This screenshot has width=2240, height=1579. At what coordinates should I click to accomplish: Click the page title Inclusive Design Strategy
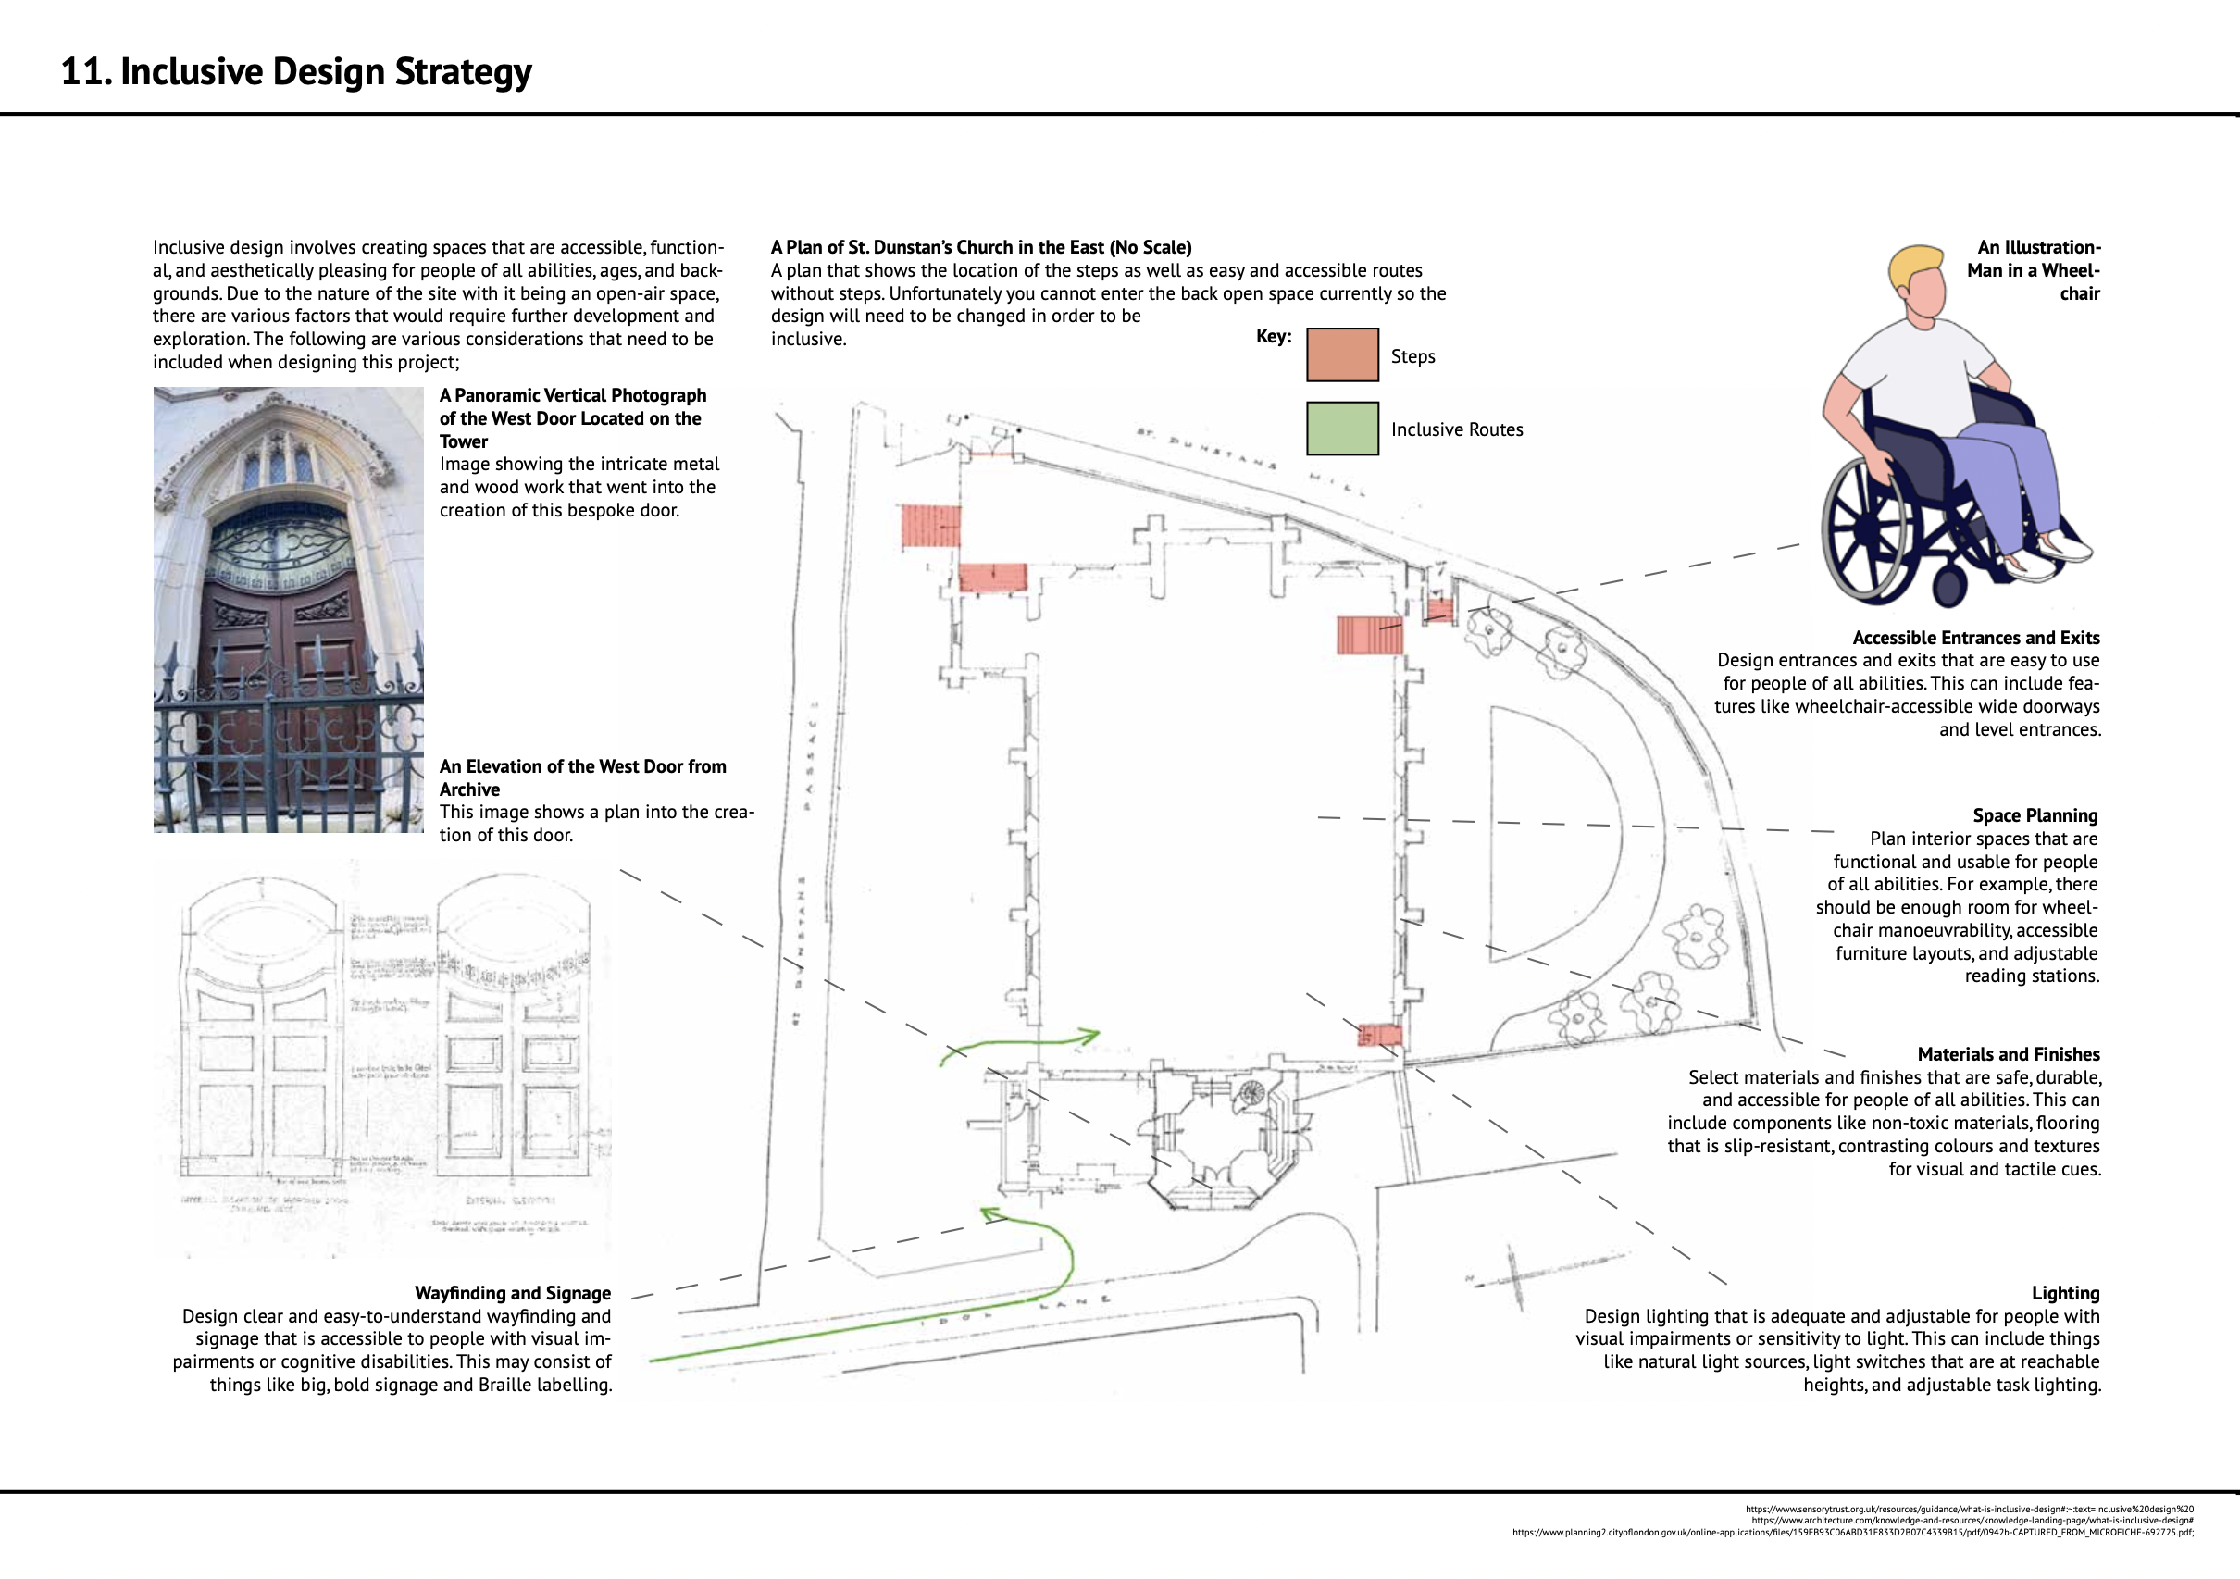click(296, 72)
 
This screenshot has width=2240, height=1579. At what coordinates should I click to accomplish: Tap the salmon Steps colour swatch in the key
click(1341, 354)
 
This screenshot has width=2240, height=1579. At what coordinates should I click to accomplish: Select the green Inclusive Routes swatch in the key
click(1341, 429)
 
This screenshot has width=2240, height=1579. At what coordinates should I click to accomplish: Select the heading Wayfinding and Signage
click(512, 1293)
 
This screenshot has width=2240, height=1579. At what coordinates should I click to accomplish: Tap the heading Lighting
click(2064, 1293)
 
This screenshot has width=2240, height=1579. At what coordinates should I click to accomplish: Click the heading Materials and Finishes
click(2008, 1054)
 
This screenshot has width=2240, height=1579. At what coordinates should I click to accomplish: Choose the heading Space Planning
click(2035, 815)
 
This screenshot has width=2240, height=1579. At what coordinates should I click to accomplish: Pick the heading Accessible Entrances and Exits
click(1975, 638)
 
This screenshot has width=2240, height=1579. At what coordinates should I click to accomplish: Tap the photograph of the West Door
click(288, 610)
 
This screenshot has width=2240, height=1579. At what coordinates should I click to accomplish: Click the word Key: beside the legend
click(1273, 337)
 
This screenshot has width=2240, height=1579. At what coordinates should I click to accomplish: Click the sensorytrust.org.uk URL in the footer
click(1969, 1510)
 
